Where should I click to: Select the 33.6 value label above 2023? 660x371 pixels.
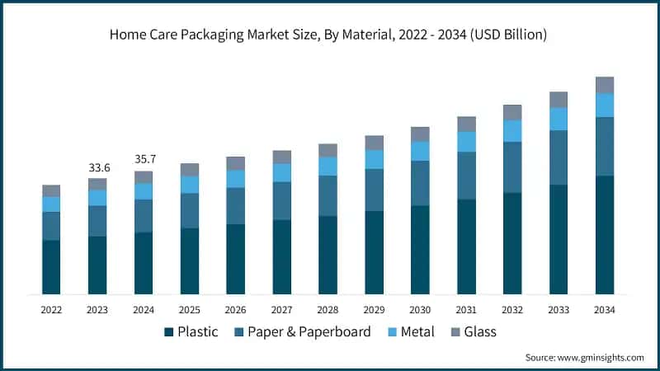(x=97, y=168)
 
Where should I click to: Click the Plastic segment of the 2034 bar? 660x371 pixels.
(x=605, y=234)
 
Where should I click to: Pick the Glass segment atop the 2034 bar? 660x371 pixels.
(x=605, y=85)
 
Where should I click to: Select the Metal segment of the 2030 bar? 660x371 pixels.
(x=420, y=151)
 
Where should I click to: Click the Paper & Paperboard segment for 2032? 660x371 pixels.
(x=512, y=167)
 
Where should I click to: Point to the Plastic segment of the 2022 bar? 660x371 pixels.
(x=51, y=266)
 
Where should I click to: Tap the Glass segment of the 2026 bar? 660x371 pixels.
(x=236, y=163)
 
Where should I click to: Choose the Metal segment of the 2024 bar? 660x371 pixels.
(x=144, y=191)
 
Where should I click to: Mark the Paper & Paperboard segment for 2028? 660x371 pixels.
(x=328, y=195)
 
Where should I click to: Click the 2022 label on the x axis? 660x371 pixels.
(x=51, y=309)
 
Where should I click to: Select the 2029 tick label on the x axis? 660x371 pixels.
(x=374, y=309)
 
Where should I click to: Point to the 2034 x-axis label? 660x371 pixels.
(x=605, y=309)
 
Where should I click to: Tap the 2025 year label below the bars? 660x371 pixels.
(x=190, y=309)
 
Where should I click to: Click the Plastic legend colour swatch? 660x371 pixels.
(x=169, y=331)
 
